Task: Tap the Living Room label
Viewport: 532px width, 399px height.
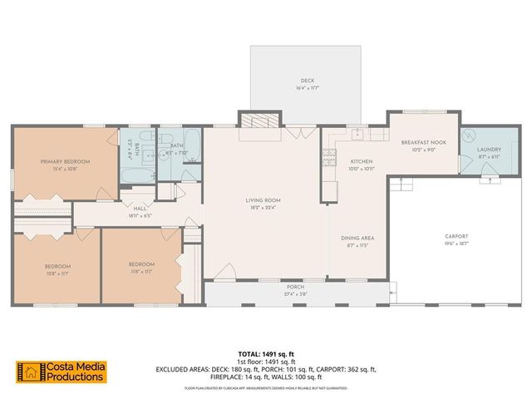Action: (x=262, y=200)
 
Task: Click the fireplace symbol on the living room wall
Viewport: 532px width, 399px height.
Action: (x=261, y=119)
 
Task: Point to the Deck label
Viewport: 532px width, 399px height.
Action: (x=308, y=81)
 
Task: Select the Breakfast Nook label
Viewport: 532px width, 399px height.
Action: (x=423, y=142)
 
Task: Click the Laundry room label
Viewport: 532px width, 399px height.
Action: (x=488, y=150)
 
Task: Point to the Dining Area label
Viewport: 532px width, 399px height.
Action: (x=357, y=239)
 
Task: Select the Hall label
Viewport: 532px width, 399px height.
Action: (x=140, y=209)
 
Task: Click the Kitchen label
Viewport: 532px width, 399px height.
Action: (x=360, y=161)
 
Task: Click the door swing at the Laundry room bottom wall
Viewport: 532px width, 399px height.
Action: (x=490, y=169)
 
